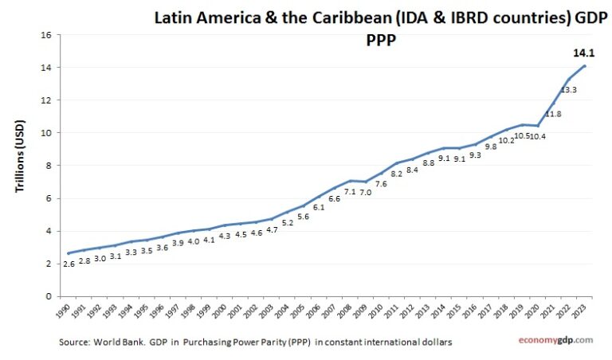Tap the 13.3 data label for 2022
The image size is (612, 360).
click(x=569, y=90)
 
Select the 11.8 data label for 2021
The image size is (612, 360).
click(x=553, y=114)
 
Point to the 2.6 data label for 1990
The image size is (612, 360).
click(x=68, y=264)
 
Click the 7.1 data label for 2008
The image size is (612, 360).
click(x=349, y=192)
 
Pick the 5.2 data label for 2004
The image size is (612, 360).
click(x=287, y=223)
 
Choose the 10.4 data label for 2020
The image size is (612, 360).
click(x=538, y=137)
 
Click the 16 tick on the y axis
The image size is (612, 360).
click(x=46, y=35)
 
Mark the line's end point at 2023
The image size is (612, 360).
click(x=585, y=66)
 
